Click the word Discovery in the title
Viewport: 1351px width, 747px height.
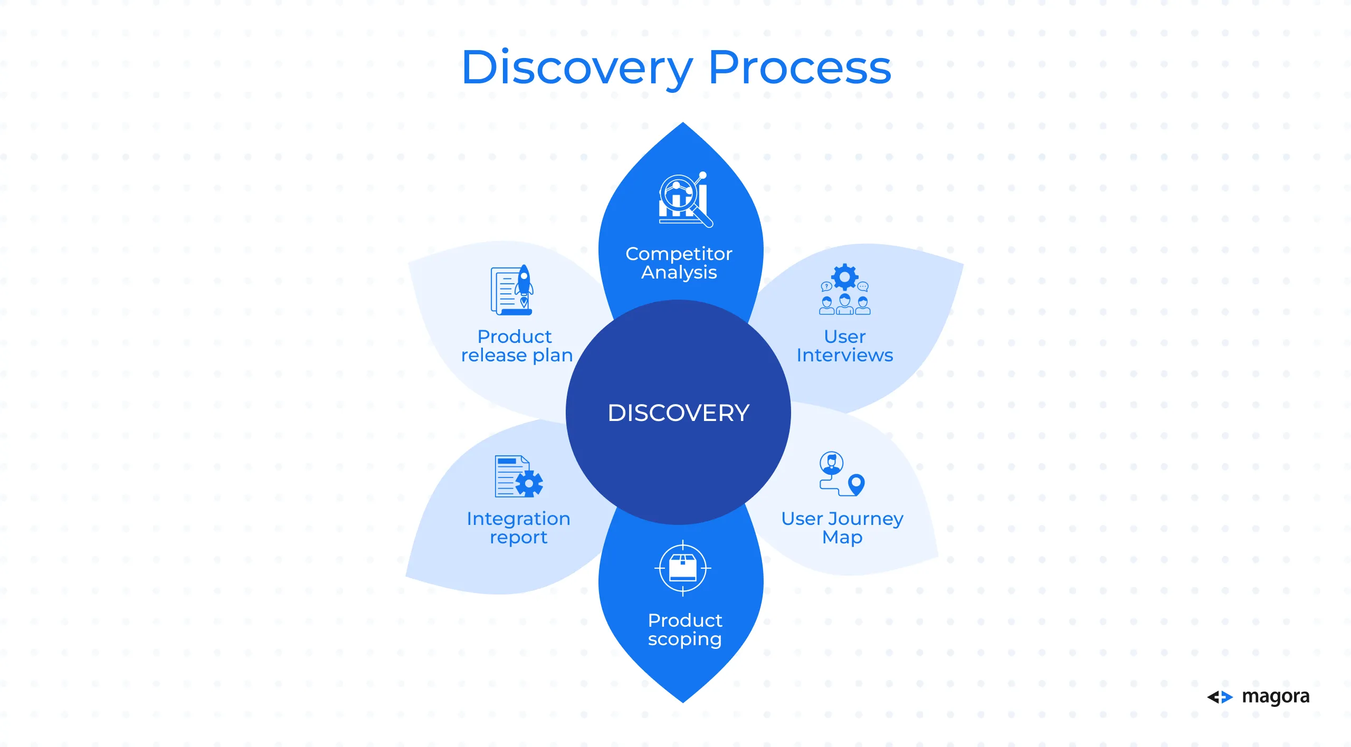coord(577,69)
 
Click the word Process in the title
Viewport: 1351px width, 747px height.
coord(800,67)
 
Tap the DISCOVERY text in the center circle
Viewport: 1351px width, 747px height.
coord(678,413)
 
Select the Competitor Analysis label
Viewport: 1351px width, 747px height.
coord(679,263)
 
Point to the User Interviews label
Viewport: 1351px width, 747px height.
coord(844,346)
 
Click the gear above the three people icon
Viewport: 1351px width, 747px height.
coord(844,276)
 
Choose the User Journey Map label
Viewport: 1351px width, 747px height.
coord(842,528)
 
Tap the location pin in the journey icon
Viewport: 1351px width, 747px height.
coord(856,484)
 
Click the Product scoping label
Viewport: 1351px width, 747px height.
coord(684,629)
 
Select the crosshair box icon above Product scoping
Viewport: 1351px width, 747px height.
coord(683,568)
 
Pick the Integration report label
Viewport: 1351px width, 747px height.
coord(518,528)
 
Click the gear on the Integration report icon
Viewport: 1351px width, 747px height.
coord(529,483)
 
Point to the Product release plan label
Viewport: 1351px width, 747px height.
coord(517,346)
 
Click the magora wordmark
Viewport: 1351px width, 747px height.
coord(1276,697)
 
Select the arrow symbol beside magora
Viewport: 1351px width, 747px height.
coord(1220,697)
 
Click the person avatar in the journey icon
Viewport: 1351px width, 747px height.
coord(831,463)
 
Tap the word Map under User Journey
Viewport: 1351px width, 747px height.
coord(842,538)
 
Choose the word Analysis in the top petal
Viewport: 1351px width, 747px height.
coord(679,273)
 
